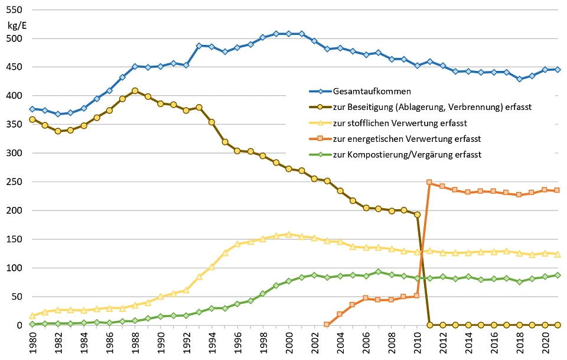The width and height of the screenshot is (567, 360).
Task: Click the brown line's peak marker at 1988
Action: (135, 91)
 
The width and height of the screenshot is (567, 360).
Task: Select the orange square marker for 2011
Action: (429, 182)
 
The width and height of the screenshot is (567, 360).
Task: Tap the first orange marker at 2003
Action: (327, 324)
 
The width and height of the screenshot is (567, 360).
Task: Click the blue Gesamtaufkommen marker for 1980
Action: (32, 109)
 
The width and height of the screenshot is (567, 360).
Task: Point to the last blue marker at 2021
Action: (558, 69)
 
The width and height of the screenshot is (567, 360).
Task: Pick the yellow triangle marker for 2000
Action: (288, 234)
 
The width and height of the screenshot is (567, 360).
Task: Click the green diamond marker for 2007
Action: (378, 271)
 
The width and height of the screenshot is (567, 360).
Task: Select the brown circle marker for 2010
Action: (416, 215)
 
